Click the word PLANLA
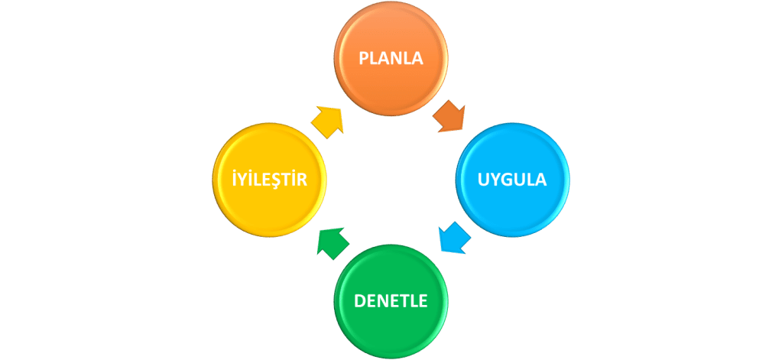pos(391,59)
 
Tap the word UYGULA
pos(512,180)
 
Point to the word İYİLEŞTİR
pos(269,180)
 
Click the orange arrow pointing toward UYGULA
pos(449,117)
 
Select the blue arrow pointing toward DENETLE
pos(453,238)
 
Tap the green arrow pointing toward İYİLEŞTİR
pos(333,241)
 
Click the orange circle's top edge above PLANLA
pos(391,5)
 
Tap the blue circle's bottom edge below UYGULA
pos(512,235)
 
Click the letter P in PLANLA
pos(364,59)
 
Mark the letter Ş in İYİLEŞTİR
pos(278,181)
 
